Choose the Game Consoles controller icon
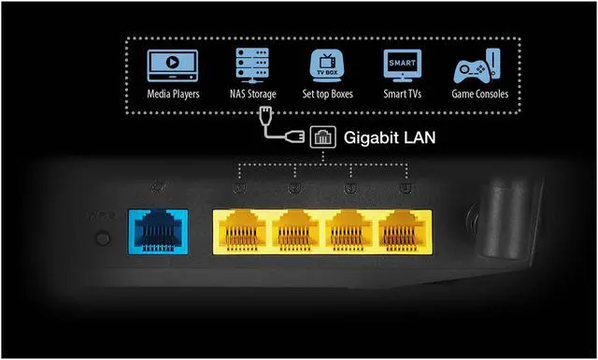pos(477,68)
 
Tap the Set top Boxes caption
pos(328,95)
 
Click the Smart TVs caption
pos(403,95)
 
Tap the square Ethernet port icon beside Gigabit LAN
pos(322,137)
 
